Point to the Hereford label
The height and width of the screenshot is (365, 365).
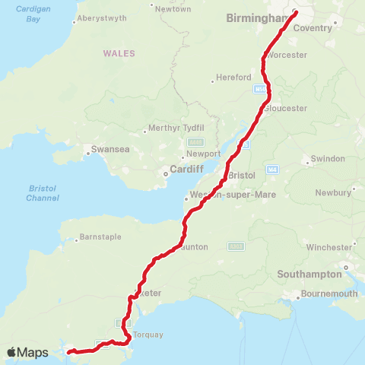(x=233, y=78)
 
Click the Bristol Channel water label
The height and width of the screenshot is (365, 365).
(x=37, y=192)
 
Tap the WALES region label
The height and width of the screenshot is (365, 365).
(x=120, y=53)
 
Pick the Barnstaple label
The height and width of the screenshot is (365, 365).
(x=100, y=236)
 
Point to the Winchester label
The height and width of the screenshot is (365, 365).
(x=329, y=247)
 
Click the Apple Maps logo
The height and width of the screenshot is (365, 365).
(x=27, y=352)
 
